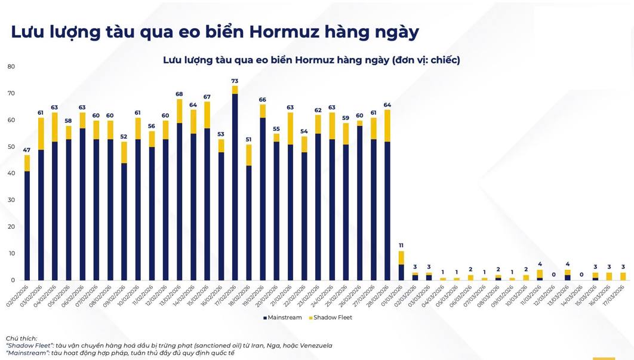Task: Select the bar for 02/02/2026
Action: (x=27, y=221)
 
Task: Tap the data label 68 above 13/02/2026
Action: (x=179, y=94)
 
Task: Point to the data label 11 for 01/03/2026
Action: (x=401, y=245)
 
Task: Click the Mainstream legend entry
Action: (x=282, y=318)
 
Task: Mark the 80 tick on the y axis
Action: (x=11, y=67)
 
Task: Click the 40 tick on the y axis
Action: (x=11, y=174)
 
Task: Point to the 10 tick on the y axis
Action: (x=11, y=254)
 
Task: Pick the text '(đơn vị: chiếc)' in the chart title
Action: (x=426, y=60)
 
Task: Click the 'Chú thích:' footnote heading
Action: (x=22, y=339)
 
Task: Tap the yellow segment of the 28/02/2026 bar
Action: (x=387, y=125)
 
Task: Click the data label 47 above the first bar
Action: (x=27, y=150)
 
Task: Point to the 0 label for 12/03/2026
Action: (x=554, y=275)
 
